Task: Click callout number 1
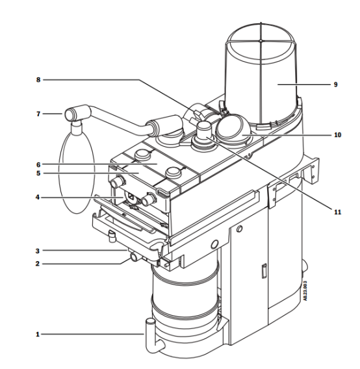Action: (38, 334)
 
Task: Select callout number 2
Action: (38, 264)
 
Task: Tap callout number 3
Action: (38, 251)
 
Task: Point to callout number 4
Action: (38, 197)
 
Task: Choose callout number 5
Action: (38, 173)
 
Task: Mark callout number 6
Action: (38, 165)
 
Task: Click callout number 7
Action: (38, 114)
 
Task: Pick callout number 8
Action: (38, 80)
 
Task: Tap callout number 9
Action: (336, 84)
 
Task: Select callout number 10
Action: (338, 135)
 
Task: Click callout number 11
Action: (338, 212)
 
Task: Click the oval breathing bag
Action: (77, 172)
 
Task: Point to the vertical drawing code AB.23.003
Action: (305, 291)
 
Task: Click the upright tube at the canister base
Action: (151, 334)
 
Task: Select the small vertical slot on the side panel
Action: (264, 271)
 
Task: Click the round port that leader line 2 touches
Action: (134, 257)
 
